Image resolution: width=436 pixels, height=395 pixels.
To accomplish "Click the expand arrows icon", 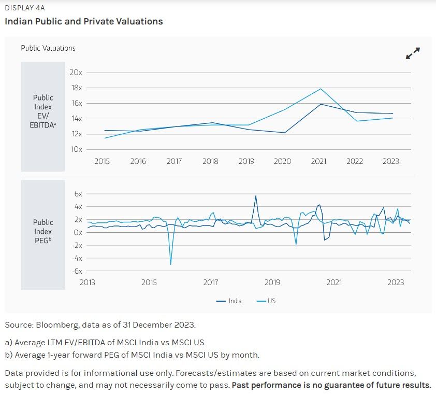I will tap(413, 53).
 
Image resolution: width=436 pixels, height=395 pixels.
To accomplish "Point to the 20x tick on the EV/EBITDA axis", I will tap(76, 72).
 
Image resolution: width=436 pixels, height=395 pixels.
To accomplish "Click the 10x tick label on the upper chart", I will tap(76, 149).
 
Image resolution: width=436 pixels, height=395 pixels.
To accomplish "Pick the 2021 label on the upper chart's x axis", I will tap(318, 161).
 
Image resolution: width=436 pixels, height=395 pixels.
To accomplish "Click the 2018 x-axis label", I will tap(210, 161).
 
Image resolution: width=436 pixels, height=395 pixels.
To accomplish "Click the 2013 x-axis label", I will tap(87, 283).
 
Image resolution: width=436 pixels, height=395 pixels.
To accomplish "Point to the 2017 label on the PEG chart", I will tap(211, 283).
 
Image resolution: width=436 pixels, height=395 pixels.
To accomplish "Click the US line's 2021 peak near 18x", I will tap(321, 89).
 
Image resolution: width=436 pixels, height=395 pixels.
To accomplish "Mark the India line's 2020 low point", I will tap(285, 133).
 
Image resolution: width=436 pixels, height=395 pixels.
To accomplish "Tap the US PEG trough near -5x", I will tap(170, 264).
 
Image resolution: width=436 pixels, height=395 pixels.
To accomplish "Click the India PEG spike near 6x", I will tap(256, 196).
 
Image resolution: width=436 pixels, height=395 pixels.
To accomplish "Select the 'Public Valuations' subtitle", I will tap(48, 48).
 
